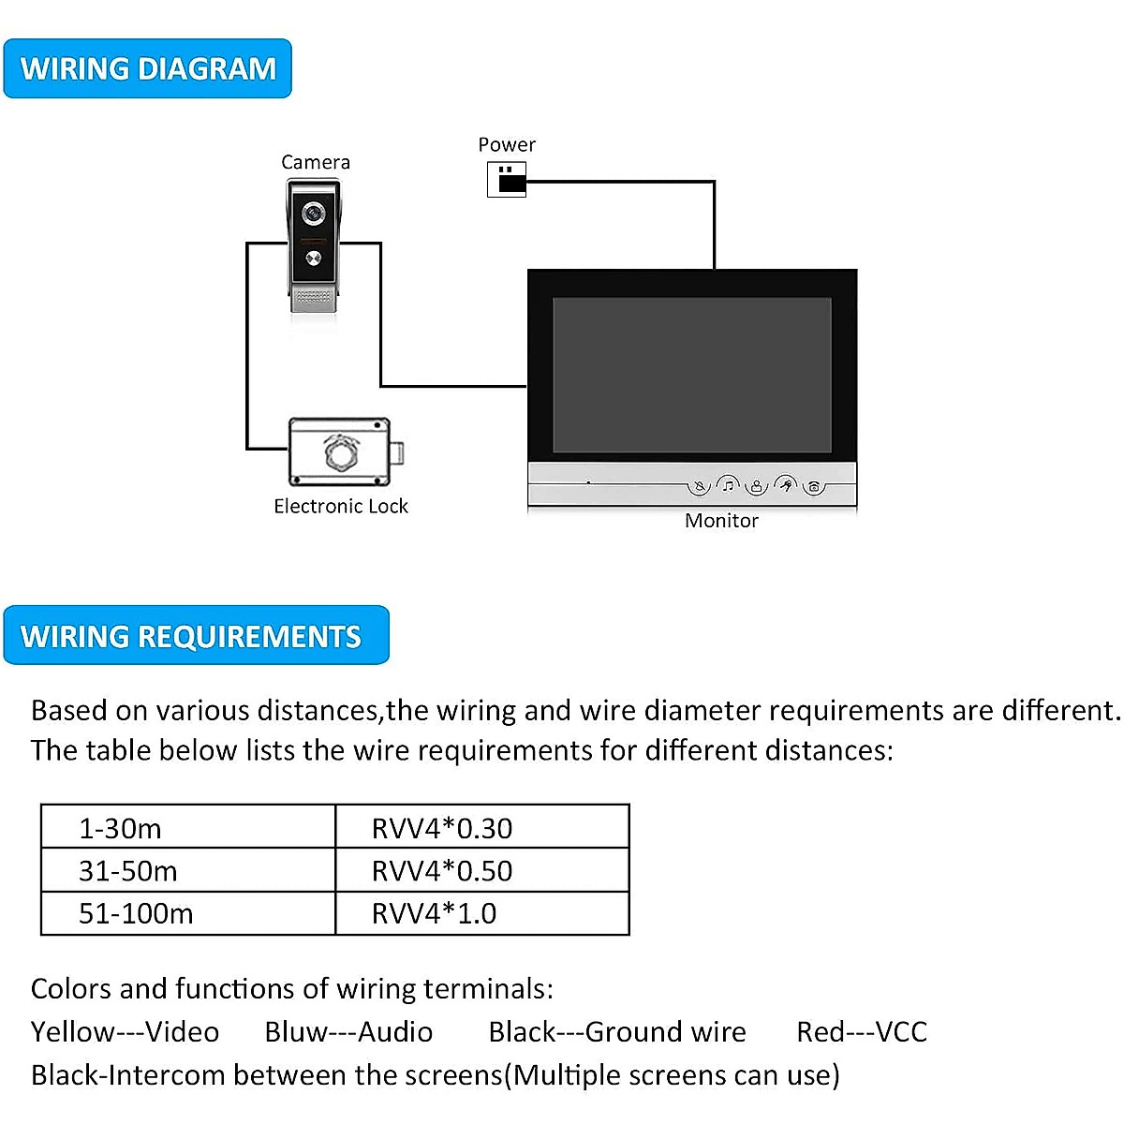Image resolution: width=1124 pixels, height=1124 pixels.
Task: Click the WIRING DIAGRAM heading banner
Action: point(148,68)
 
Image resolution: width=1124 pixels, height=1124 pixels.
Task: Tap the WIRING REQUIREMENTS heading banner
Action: point(196,636)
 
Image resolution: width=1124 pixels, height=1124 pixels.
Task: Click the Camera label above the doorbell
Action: point(316,162)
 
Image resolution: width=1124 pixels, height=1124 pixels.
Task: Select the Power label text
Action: point(507,144)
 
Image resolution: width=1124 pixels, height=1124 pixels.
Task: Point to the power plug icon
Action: point(507,179)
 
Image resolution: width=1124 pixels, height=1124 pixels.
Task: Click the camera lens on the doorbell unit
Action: point(313,214)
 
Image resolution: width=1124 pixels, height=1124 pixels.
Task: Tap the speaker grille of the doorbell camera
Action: point(313,298)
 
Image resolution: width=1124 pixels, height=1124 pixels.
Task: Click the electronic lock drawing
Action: point(341,452)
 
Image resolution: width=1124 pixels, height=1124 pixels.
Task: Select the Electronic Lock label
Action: point(341,506)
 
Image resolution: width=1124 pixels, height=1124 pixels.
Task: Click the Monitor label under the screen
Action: point(721,521)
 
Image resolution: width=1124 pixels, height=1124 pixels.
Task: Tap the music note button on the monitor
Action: point(728,484)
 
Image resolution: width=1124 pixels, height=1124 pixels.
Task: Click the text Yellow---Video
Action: point(125,1031)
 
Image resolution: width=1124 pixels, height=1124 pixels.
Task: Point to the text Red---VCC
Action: point(862,1031)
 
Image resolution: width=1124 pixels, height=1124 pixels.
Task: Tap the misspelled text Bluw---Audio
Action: point(348,1031)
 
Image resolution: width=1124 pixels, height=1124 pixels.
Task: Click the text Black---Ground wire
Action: point(617,1031)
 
